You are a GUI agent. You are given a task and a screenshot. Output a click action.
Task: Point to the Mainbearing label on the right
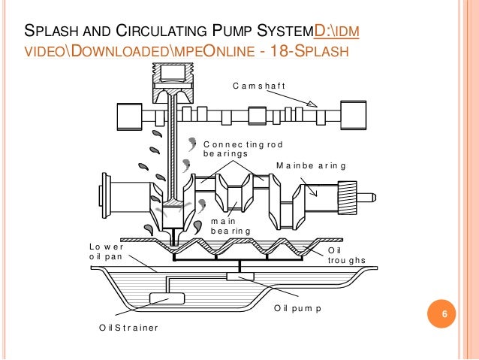311,165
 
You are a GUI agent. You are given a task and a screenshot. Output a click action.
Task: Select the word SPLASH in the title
50,32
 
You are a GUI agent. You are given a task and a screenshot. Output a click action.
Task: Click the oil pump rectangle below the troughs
240,277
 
